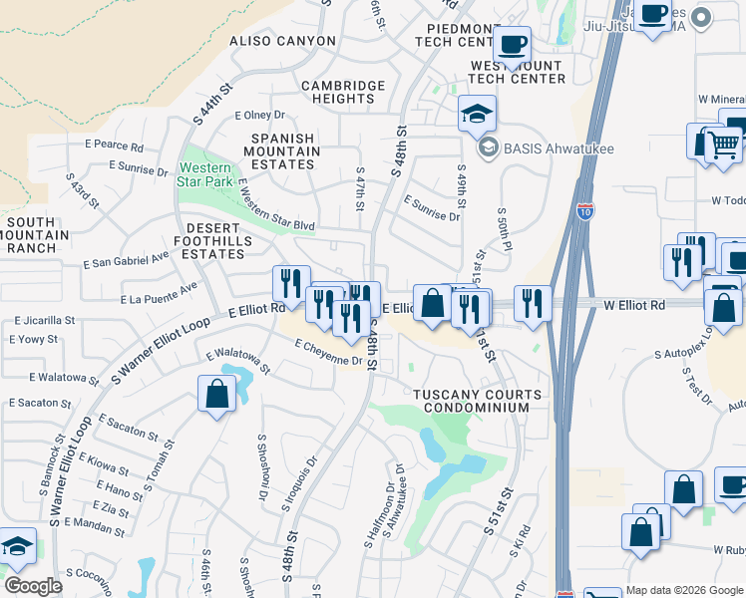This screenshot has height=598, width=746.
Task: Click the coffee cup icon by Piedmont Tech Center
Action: click(x=512, y=44)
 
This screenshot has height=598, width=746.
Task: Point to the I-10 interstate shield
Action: click(x=585, y=211)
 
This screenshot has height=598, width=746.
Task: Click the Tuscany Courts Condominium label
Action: click(x=479, y=401)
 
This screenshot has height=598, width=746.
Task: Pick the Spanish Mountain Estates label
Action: click(x=283, y=151)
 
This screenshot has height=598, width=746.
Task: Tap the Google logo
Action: click(x=33, y=585)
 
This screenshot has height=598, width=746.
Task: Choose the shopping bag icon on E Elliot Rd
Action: click(x=432, y=303)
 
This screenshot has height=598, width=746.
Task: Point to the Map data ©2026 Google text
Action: click(x=684, y=590)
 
